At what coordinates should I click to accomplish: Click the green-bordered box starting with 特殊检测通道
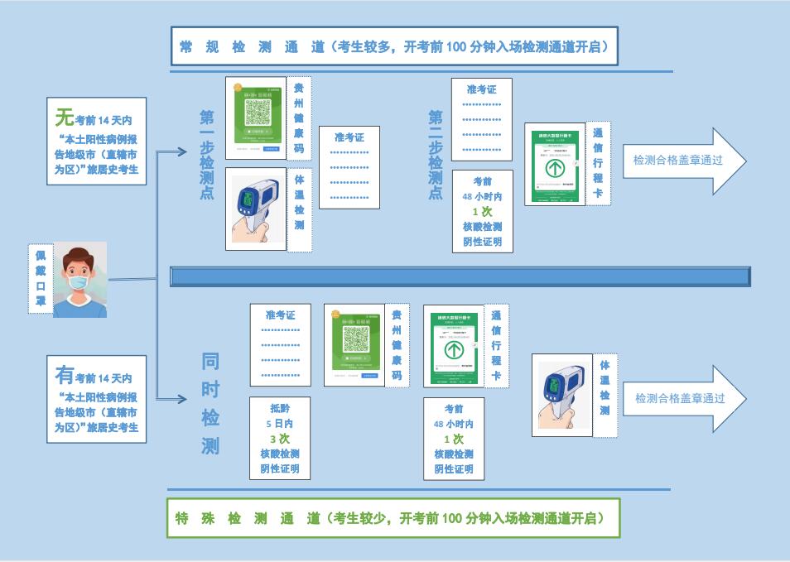[x=393, y=519]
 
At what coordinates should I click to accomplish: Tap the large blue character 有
[x=65, y=375]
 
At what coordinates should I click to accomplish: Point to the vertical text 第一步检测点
[x=207, y=155]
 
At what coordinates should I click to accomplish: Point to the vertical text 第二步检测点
[x=436, y=155]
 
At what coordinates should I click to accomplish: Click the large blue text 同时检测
[x=210, y=404]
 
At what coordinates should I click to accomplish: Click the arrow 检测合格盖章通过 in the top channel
[x=684, y=161]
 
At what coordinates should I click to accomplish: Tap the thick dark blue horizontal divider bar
[x=460, y=276]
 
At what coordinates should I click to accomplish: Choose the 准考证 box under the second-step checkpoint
[x=482, y=120]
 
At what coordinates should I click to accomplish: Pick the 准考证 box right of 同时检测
[x=280, y=345]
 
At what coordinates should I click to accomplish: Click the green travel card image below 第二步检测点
[x=554, y=166]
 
